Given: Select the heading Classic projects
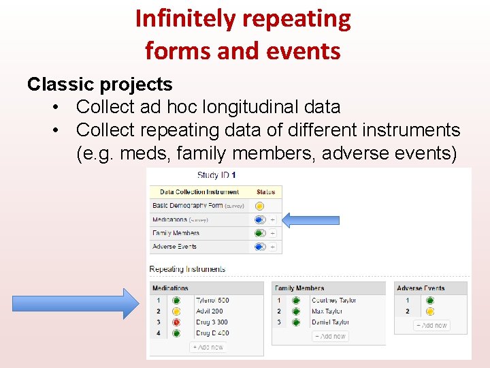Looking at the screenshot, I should coord(99,85).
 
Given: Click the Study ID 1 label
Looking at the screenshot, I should coord(216,175).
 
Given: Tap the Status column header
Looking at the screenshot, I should coord(266,192).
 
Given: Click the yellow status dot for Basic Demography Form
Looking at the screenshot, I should coord(259,206).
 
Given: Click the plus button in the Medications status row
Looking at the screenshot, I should coord(273,219).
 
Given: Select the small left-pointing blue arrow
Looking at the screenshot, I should coord(310,219).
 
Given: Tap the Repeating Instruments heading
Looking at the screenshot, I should coord(187,269).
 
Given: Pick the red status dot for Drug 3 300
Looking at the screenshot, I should coord(176,322).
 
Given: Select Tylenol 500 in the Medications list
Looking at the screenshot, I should coord(212,301).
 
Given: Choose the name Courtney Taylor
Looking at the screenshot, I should coord(333,301).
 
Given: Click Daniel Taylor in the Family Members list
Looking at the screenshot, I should coord(330,322).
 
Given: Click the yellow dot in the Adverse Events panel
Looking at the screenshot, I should coord(429,311).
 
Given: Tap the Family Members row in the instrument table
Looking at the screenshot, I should coord(176,233).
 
